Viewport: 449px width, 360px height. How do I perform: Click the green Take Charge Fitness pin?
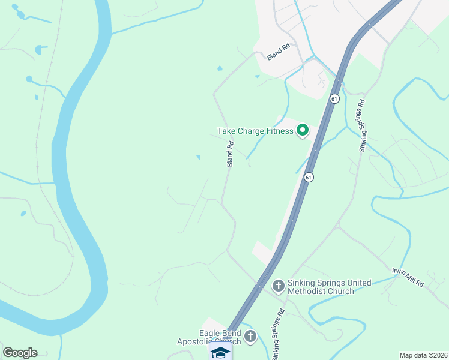pyautogui.click(x=303, y=130)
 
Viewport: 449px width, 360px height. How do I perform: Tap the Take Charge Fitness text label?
pyautogui.click(x=255, y=131)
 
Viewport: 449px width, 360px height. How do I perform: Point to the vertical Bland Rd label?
pyautogui.click(x=229, y=154)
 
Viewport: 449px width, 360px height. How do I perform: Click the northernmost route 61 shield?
pyautogui.click(x=334, y=98)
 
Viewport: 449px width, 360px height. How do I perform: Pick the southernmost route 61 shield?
pyautogui.click(x=308, y=177)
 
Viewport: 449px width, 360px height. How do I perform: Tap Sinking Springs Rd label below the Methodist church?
pyautogui.click(x=278, y=331)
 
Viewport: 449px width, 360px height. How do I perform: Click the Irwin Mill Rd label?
pyautogui.click(x=408, y=277)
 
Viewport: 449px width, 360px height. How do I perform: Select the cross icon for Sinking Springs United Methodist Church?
pyautogui.click(x=278, y=286)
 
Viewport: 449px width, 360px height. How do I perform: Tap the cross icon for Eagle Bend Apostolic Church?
pyautogui.click(x=250, y=337)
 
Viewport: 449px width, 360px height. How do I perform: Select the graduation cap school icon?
pyautogui.click(x=220, y=352)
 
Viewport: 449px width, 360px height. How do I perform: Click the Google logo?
pyautogui.click(x=20, y=353)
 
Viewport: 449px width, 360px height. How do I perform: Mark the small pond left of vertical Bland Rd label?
pyautogui.click(x=198, y=158)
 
